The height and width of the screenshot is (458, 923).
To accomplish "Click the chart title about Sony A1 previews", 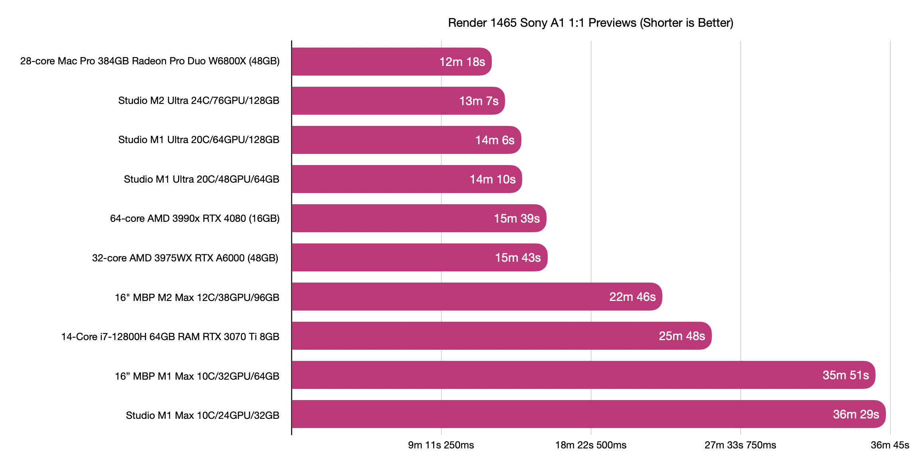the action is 590,23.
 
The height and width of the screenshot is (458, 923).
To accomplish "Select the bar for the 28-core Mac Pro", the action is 392,62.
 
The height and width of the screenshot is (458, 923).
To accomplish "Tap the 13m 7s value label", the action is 479,101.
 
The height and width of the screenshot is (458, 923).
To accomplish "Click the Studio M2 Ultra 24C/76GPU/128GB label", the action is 199,100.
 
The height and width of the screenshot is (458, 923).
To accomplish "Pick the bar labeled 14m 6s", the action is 406,140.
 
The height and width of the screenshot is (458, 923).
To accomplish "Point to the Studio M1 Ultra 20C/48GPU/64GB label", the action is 202,179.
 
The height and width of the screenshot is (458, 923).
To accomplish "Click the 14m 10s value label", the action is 493,179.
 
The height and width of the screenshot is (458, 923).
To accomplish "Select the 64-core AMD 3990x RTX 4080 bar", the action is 419,218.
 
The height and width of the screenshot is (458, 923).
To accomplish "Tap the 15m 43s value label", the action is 518,258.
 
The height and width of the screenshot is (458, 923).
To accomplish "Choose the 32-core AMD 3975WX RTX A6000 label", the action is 185,258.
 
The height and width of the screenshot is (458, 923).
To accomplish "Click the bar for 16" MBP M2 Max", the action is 477,297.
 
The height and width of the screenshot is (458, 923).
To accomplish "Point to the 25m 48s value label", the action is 682,336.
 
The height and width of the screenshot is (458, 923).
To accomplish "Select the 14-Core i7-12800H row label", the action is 170,337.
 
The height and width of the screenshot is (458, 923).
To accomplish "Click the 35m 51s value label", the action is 846,375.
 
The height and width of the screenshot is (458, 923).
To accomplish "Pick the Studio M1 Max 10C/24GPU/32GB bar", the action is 589,414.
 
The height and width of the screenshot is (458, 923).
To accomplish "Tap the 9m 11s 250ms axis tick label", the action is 441,445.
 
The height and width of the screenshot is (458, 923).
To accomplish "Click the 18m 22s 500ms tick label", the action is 591,445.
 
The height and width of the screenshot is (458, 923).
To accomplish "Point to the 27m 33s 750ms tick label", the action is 741,445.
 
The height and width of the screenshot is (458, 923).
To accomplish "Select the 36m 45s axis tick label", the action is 890,445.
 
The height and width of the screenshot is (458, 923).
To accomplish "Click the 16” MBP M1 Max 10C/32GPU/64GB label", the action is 197,376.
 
